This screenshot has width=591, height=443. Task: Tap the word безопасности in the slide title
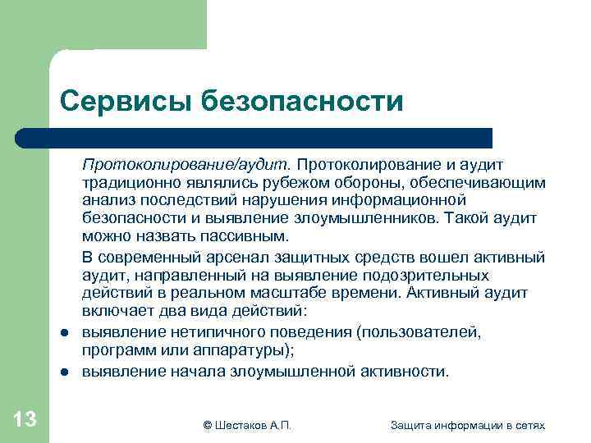pos(301,102)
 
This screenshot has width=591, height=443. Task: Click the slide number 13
pos(25,420)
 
